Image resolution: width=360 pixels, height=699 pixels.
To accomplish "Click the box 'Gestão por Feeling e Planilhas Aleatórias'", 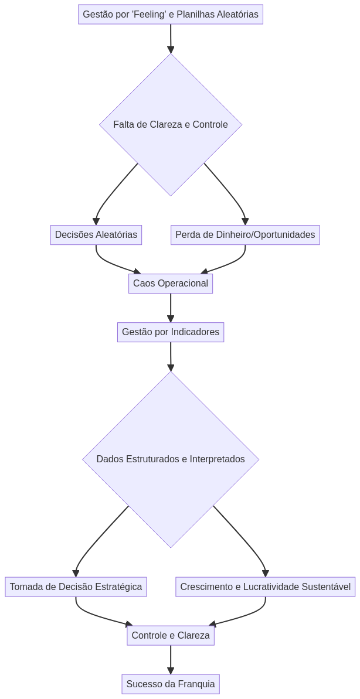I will tap(171, 15).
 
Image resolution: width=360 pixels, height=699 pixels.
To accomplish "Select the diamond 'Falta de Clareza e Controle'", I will tap(171, 125).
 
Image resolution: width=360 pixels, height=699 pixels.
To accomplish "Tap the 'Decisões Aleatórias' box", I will tap(96, 235).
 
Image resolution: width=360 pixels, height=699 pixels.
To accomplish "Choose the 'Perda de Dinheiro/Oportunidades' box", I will tap(245, 235).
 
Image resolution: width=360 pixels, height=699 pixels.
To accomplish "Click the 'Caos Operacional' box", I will tap(171, 284).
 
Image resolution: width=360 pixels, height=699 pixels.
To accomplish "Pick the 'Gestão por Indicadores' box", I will tap(171, 332).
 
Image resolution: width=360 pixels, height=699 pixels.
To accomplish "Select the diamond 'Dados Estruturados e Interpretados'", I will tap(171, 459).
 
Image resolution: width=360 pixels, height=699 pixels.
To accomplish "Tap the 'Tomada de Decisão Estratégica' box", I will tap(76, 587).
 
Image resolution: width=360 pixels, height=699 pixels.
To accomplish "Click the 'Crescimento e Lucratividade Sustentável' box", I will tap(265, 587).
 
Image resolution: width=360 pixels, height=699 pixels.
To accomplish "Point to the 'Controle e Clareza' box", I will tap(171, 636).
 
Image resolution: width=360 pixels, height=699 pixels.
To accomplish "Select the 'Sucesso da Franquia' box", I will tap(171, 684).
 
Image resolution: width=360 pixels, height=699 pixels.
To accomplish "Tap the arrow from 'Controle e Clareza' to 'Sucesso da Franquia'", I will tap(171, 659).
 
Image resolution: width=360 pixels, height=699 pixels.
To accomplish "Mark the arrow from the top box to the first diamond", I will tap(171, 37).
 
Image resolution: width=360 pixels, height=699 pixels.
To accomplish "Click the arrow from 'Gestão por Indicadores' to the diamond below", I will tap(171, 356).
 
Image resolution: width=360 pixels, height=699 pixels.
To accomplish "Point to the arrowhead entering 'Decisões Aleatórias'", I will tap(96, 221).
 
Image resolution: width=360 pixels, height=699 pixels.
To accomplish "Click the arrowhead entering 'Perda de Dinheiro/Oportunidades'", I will tap(245, 221).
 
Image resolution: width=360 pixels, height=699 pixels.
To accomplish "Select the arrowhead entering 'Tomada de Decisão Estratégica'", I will tap(76, 574).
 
